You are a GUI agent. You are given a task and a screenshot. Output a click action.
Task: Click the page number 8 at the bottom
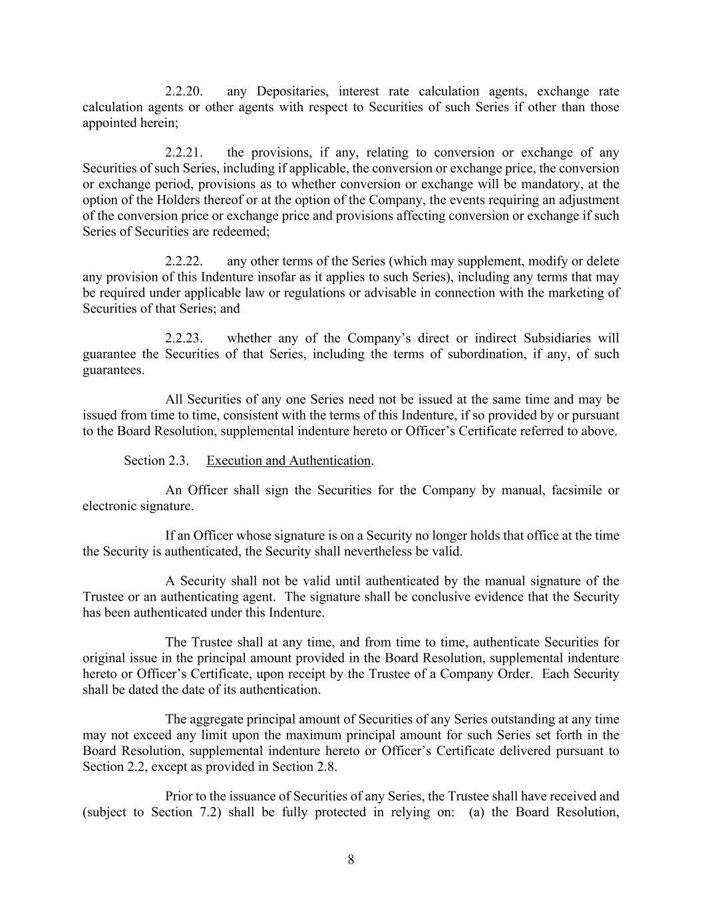[351, 859]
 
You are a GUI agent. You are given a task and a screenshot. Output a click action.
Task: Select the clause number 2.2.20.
[184, 91]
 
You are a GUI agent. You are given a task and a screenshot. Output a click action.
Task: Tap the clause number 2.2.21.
[184, 152]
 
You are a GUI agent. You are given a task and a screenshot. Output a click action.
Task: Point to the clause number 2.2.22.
[184, 261]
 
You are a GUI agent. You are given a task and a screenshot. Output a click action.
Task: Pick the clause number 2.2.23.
[184, 338]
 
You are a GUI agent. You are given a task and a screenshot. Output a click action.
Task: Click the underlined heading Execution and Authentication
[288, 460]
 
